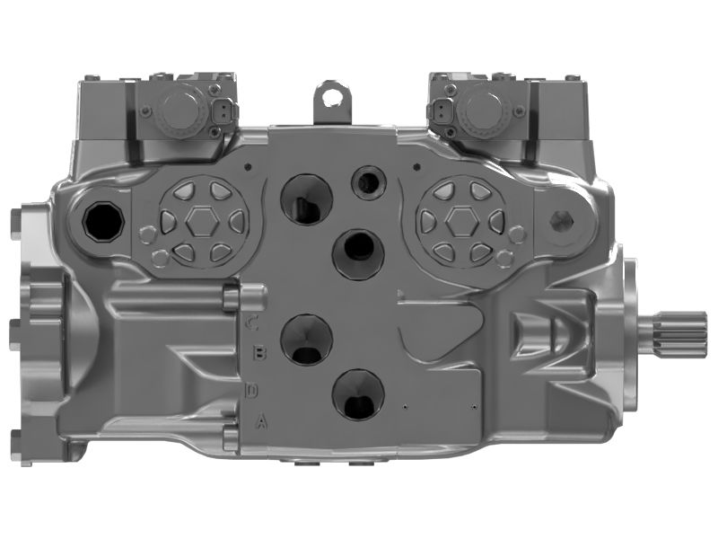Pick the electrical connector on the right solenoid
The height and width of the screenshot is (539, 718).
tap(439, 112)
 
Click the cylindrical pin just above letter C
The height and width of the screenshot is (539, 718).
tap(252, 294)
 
